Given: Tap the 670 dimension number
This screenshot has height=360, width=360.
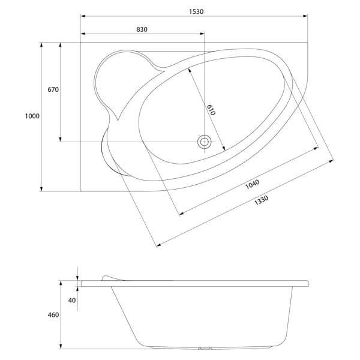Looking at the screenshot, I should pyautogui.click(x=52, y=90).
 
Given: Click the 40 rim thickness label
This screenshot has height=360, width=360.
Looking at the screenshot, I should pyautogui.click(x=72, y=300).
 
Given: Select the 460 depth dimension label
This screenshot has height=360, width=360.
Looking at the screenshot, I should pyautogui.click(x=52, y=316).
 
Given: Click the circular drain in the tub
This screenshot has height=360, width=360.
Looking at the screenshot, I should pyautogui.click(x=205, y=142).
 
